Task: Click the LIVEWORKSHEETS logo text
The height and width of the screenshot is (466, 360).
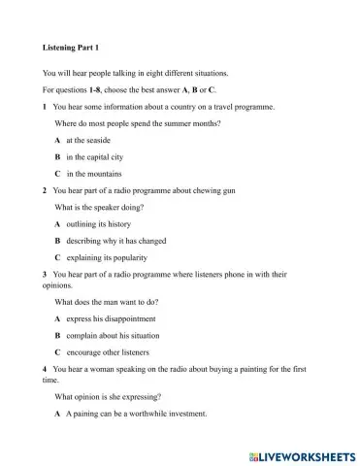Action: [x=302, y=453]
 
